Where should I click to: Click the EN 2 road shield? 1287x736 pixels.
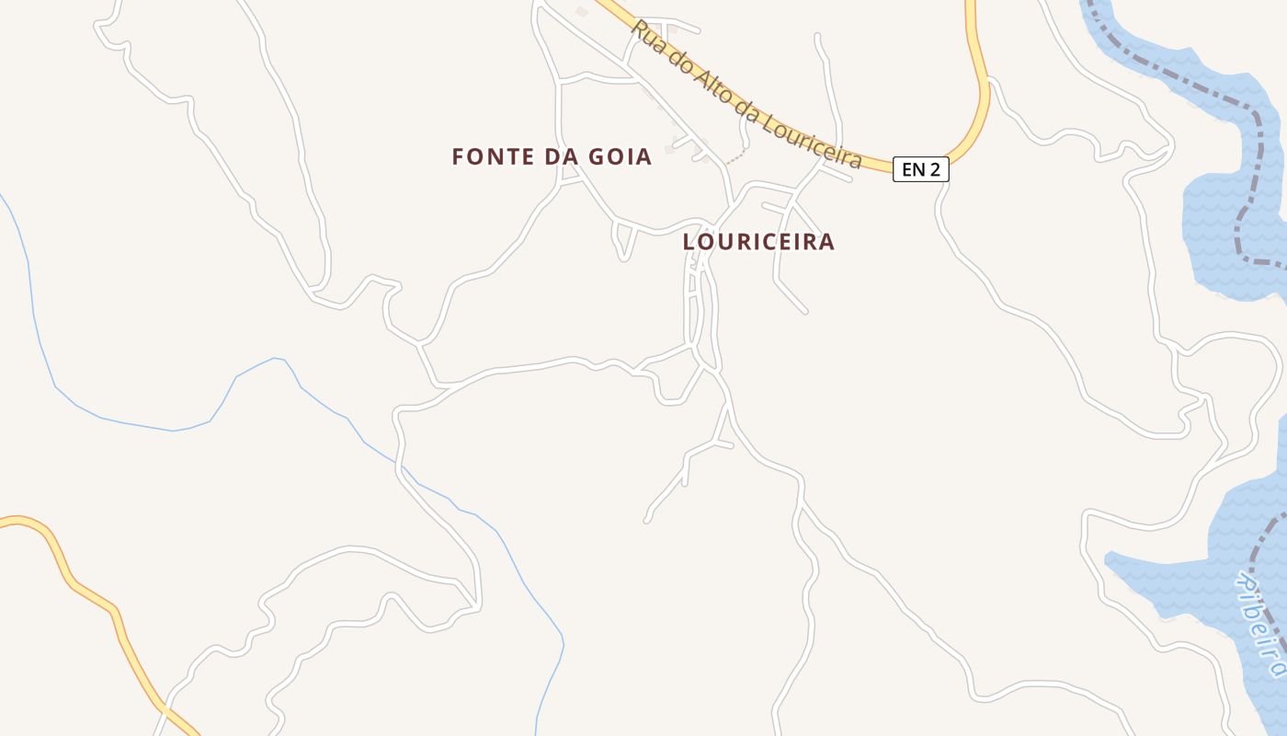coord(920,169)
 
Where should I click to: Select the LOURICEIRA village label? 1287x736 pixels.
coord(758,242)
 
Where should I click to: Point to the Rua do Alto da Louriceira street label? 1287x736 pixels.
coord(746,97)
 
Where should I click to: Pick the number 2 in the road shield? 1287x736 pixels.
coord(934,169)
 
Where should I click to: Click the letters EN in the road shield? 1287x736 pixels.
coord(913,169)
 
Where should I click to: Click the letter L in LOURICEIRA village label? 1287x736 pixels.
coord(689,242)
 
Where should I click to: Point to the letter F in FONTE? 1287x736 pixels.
coord(458,157)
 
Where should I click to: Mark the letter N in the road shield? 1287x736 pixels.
coord(918,169)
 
